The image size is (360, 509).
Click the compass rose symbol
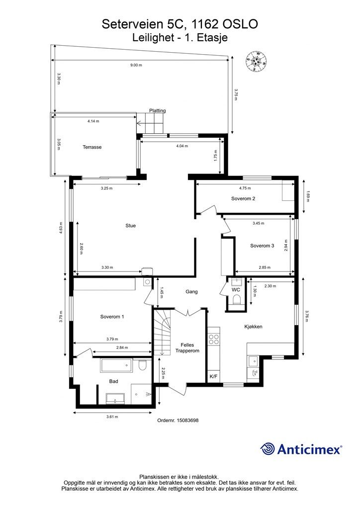pyautogui.click(x=257, y=61)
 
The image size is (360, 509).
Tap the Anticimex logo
pyautogui.click(x=301, y=449)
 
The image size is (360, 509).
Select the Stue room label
pyautogui.click(x=130, y=226)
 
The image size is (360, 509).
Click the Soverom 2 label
pyautogui.click(x=243, y=199)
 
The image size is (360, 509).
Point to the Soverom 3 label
pyautogui.click(x=262, y=246)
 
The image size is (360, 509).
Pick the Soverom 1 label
pyautogui.click(x=112, y=317)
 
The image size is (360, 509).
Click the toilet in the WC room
pyautogui.click(x=236, y=300)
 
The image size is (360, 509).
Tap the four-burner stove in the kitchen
pyautogui.click(x=214, y=339)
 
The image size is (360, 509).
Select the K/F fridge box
pyautogui.click(x=214, y=376)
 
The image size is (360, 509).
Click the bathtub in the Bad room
pyautogui.click(x=116, y=365)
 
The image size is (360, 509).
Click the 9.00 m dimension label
pyautogui.click(x=136, y=65)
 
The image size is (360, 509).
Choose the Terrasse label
pyautogui.click(x=92, y=147)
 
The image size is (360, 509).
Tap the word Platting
pyautogui.click(x=158, y=110)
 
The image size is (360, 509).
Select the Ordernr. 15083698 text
pyautogui.click(x=178, y=420)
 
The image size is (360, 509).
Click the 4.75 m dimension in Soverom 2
pyautogui.click(x=245, y=188)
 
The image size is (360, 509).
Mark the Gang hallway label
pyautogui.click(x=191, y=291)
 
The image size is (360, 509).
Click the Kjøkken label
pyautogui.click(x=253, y=327)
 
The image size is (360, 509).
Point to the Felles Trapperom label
pyautogui.click(x=187, y=347)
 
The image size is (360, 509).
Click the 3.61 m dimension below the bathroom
pyautogui.click(x=112, y=417)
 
